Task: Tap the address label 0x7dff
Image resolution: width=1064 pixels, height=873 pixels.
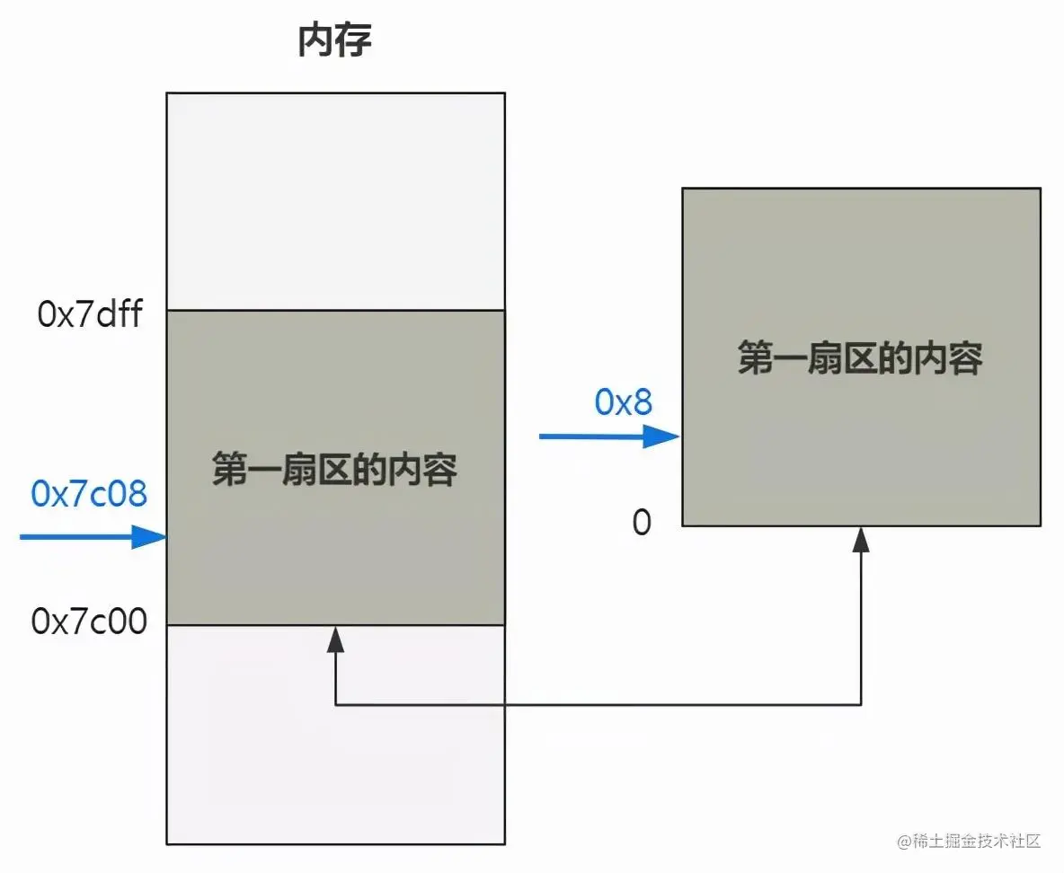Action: (x=90, y=315)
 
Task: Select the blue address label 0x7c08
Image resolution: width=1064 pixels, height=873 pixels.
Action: (x=89, y=493)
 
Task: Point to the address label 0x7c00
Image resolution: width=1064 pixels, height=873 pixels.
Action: (x=89, y=622)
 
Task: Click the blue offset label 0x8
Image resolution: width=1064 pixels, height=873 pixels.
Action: (x=623, y=402)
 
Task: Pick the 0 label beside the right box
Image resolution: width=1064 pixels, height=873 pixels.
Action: (x=642, y=523)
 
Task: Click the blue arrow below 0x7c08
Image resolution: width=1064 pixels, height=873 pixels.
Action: (x=90, y=537)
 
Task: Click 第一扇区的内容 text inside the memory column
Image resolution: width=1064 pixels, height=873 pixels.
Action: (x=335, y=470)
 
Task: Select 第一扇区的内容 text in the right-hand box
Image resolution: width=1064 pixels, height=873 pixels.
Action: (x=860, y=358)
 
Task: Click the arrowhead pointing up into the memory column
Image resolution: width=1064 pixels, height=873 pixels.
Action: (x=335, y=639)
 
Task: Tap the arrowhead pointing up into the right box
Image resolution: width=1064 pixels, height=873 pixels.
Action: (x=861, y=539)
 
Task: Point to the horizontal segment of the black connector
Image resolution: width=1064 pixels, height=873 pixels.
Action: (x=598, y=704)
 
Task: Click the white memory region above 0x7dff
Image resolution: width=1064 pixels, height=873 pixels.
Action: (x=335, y=202)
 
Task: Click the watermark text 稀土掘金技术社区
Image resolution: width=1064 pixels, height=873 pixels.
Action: (x=973, y=842)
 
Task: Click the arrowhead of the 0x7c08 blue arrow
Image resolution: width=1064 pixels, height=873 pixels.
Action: (x=153, y=537)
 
